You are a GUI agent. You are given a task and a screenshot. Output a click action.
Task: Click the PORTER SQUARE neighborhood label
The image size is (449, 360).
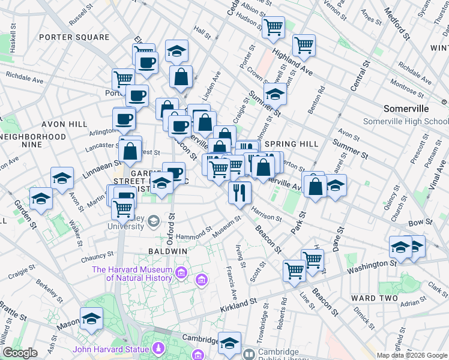tap(74, 37)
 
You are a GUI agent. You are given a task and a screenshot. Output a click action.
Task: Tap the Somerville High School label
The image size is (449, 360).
tap(406, 121)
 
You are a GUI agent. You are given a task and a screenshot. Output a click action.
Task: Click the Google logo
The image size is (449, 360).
tap(20, 353)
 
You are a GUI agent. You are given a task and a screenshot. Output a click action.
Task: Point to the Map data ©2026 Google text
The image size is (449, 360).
tap(412, 355)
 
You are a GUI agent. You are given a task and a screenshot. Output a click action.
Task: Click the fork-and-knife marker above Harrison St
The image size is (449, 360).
tap(240, 193)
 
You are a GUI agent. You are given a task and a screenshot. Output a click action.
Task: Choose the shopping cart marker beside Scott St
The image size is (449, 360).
tap(294, 271)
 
